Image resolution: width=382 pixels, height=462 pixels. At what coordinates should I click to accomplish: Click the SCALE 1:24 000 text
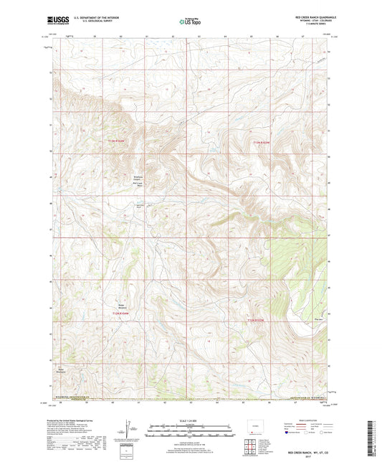pos(190,420)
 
